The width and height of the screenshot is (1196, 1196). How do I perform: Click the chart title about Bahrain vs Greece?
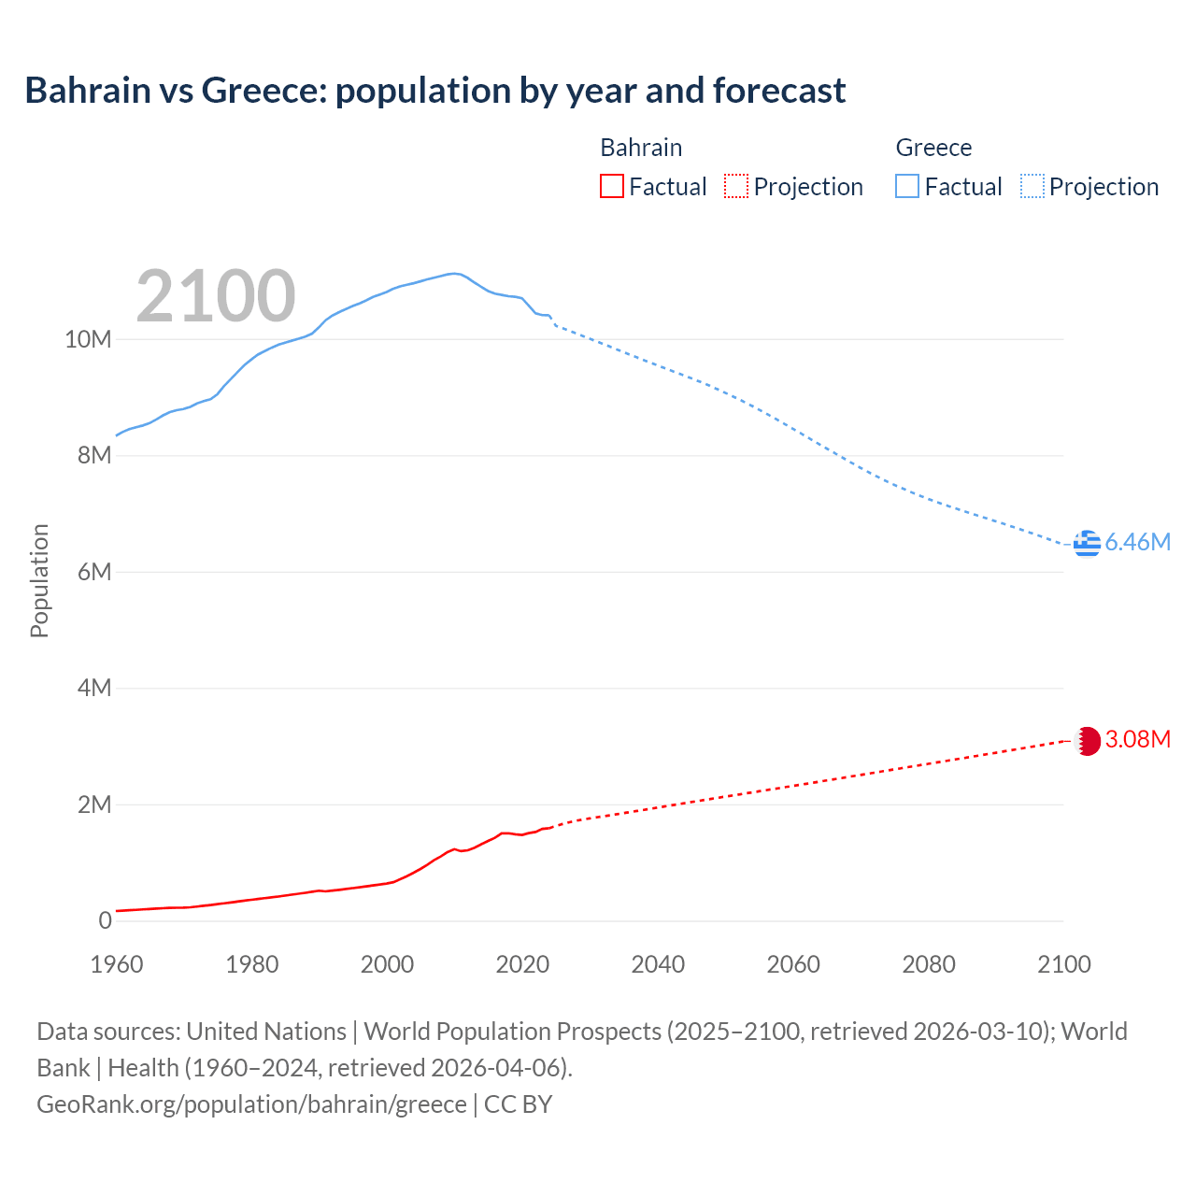pos(434,91)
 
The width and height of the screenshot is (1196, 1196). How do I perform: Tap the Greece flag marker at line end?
pos(1087,543)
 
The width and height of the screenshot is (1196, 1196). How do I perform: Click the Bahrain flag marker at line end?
pos(1087,741)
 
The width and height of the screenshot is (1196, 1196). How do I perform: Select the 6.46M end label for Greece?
pos(1137,543)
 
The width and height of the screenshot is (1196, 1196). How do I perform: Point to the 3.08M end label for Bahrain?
pos(1137,740)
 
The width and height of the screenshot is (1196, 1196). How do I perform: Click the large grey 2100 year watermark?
pos(216,296)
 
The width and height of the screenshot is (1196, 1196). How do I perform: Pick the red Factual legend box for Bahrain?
pos(611,187)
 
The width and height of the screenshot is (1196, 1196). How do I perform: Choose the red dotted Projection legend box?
pos(736,187)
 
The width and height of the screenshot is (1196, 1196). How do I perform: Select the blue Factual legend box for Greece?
pos(906,187)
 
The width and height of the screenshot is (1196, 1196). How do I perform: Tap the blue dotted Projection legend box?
pos(1032,187)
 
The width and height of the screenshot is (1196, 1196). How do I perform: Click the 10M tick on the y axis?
pos(88,340)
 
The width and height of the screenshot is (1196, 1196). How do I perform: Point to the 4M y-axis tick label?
pos(93,689)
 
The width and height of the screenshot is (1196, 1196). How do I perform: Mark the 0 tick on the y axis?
pos(105,921)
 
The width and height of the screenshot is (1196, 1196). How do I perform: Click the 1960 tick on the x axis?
pos(117,964)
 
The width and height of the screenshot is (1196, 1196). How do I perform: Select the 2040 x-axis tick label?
pos(658,964)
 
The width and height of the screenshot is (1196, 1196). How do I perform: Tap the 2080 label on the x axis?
pos(929,964)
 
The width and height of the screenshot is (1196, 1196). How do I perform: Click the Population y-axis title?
pos(39,581)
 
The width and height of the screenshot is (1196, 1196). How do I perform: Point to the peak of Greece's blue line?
pos(453,274)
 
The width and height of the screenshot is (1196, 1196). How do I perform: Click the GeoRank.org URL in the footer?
pos(251,1104)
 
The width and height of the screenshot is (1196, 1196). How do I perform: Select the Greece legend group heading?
pos(933,148)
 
